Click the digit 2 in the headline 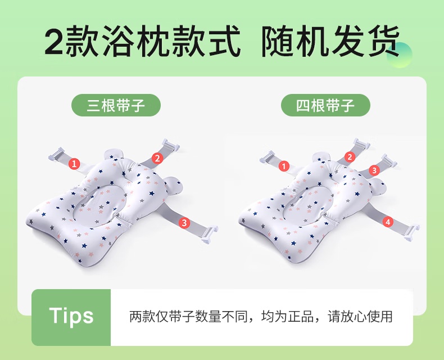[54, 40]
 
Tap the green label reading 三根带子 [116, 105]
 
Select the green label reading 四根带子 [325, 105]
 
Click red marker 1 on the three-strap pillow [74, 164]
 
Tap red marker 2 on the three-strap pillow [157, 158]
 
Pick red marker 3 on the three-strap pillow [184, 223]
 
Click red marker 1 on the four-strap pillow [284, 166]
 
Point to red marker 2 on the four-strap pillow [350, 157]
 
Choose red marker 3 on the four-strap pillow [374, 170]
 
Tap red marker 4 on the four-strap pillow [388, 222]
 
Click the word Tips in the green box [71, 316]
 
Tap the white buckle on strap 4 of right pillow [412, 232]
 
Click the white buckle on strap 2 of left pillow [170, 145]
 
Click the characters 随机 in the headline [295, 40]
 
